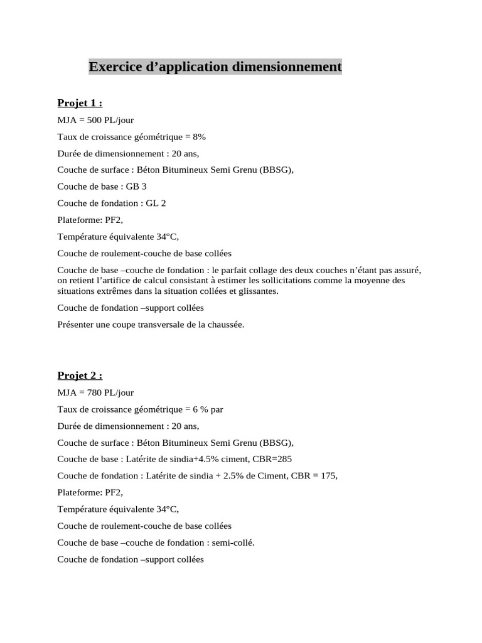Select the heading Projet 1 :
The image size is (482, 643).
pyautogui.click(x=80, y=103)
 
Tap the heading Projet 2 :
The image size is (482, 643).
pyautogui.click(x=80, y=376)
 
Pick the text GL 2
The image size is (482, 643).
pyautogui.click(x=156, y=203)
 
